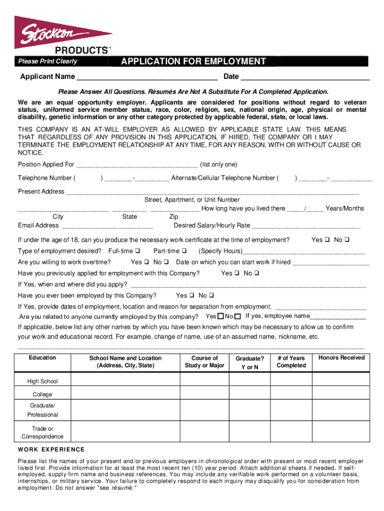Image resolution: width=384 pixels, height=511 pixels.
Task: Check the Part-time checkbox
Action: [185, 251]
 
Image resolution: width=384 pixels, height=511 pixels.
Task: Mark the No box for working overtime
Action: [167, 262]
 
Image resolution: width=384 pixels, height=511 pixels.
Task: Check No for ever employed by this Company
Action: [211, 296]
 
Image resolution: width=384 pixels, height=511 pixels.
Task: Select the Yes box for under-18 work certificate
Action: [328, 240]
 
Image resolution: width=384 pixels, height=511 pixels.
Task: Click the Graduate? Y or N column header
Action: [250, 363]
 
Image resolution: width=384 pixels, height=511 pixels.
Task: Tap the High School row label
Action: [42, 381]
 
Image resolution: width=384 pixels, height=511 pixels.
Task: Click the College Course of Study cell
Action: [204, 394]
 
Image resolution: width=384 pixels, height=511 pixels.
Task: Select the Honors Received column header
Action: [342, 358]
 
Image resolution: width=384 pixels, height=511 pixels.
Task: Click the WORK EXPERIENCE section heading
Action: [51, 450]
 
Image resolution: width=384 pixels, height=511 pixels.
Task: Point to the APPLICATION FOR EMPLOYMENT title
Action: [193, 61]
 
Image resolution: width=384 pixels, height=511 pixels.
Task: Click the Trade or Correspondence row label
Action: [42, 433]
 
